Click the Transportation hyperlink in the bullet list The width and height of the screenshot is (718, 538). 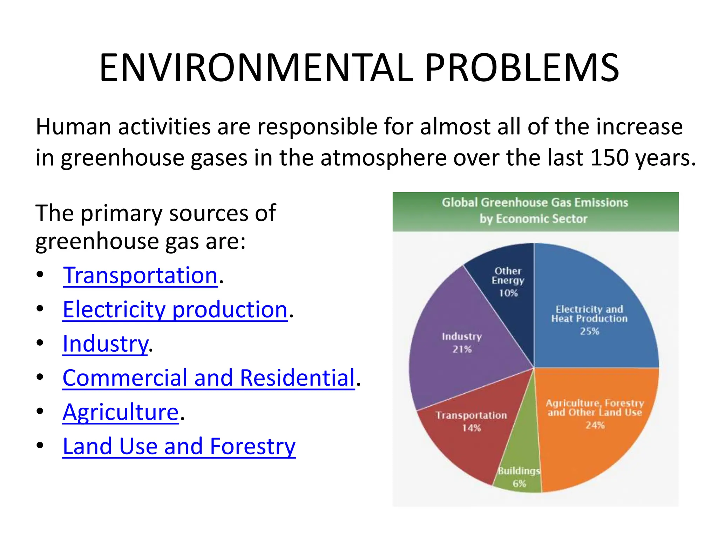[x=140, y=275]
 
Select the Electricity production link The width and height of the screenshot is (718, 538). [x=175, y=310]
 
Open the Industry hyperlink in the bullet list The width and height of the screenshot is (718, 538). [x=105, y=344]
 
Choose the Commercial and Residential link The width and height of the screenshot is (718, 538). [x=209, y=378]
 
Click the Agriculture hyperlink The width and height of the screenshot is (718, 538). [x=121, y=412]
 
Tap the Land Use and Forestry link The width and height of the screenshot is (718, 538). [x=179, y=447]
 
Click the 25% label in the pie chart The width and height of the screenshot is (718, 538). [x=589, y=331]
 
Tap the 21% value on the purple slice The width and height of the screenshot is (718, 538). [x=462, y=349]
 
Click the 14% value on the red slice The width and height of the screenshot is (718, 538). [x=471, y=428]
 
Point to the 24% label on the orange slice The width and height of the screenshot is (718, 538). [x=595, y=425]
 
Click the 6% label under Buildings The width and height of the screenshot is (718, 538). [x=519, y=484]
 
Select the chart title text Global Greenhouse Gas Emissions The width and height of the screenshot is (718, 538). [x=535, y=202]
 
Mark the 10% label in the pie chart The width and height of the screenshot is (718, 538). [x=508, y=293]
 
